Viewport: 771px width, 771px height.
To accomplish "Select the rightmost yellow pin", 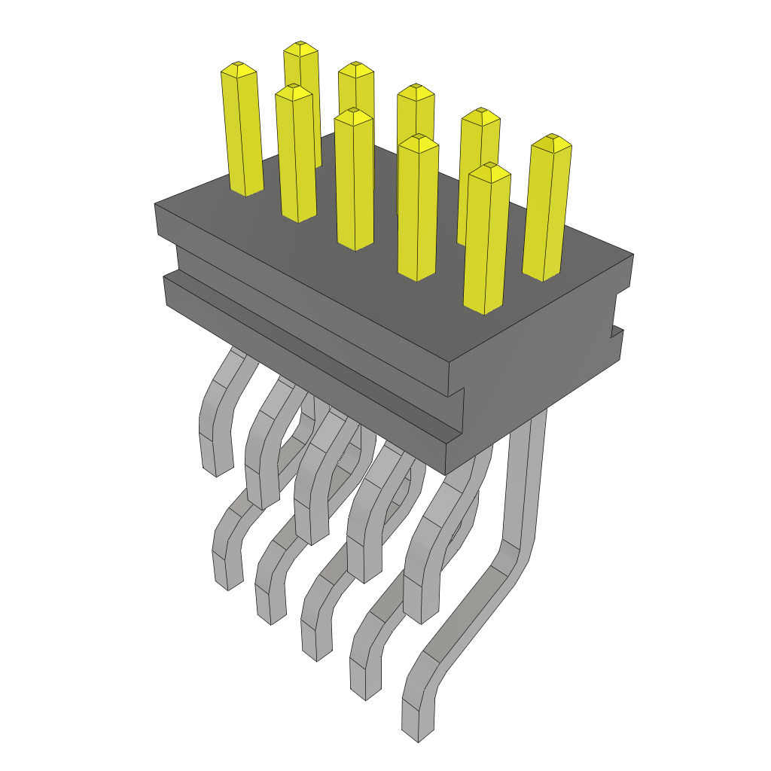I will click(547, 211).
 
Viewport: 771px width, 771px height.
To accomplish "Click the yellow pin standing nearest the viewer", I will click(486, 241).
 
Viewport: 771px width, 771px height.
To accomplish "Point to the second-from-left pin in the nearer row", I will click(295, 154).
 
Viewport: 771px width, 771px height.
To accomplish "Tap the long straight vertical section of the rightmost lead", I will click(526, 482).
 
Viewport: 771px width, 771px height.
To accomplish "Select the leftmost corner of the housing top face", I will click(155, 204).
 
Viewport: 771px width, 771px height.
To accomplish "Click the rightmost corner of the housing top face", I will click(632, 254).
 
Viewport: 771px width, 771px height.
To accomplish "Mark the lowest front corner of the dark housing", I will click(446, 474).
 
